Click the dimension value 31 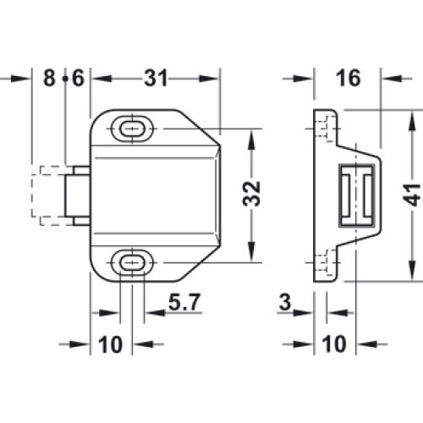point(156,78)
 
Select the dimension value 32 point(251,194)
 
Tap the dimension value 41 point(411,195)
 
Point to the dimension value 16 point(349,78)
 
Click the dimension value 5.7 point(184,302)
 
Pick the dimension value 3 point(285,302)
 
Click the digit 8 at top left point(49,78)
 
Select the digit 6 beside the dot point(78,78)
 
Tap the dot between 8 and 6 point(65,79)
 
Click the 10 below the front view point(110,344)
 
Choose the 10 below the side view point(334,344)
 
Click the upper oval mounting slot point(132,129)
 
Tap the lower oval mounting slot point(132,263)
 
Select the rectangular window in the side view point(357,195)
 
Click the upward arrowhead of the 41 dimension point(412,122)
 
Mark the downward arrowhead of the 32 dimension point(251,251)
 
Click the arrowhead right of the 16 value point(393,78)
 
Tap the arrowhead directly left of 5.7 point(155,312)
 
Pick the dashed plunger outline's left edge point(32,195)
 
